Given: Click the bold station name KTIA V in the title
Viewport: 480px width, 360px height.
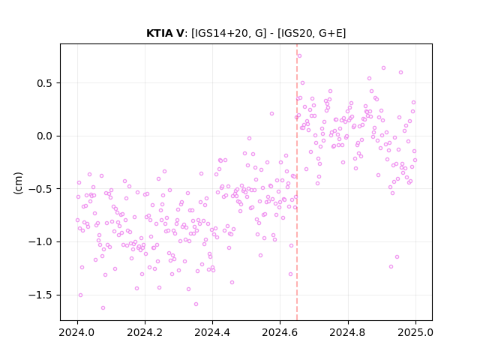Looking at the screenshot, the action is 165,33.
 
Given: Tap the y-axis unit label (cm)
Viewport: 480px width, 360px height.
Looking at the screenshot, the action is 18,183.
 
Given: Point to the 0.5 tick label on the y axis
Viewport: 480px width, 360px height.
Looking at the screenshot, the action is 45,83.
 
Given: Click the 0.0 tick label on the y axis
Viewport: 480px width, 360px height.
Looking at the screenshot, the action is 45,136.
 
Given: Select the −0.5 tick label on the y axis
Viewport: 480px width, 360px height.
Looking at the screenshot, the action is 40,189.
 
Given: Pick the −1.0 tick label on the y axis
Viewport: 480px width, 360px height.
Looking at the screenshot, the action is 40,241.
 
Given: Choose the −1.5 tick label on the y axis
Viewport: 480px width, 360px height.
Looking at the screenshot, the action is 40,295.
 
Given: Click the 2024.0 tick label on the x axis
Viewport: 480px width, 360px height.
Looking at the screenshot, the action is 77,332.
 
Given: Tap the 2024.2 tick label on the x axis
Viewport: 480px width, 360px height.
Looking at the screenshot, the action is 145,332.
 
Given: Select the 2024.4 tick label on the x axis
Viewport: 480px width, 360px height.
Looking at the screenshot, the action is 212,332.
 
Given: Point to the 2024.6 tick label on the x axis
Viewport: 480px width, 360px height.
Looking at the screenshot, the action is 280,332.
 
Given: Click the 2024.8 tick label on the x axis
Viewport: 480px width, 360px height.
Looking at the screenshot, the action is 348,332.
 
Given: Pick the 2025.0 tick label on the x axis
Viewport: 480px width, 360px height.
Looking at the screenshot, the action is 415,332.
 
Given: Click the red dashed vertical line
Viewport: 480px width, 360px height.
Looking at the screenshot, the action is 297,182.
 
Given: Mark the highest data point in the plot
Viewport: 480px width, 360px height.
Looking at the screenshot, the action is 299,55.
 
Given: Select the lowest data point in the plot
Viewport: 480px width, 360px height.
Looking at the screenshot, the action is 103,307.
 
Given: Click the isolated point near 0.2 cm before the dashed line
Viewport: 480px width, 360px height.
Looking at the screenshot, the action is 271,113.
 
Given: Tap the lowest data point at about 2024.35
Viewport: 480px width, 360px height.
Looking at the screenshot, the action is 196,304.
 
